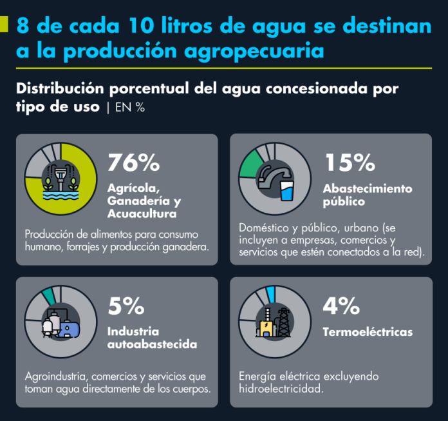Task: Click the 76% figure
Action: (x=133, y=162)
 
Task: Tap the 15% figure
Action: (x=350, y=162)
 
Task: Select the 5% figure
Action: (x=126, y=306)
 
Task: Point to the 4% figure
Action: (x=341, y=306)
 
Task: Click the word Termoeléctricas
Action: (x=368, y=332)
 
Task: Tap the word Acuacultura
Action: (x=142, y=213)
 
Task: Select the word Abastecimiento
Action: (x=368, y=189)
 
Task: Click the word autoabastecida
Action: (x=153, y=344)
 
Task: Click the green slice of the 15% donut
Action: (x=250, y=164)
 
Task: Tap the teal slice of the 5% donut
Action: (x=48, y=296)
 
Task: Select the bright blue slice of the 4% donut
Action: (x=270, y=294)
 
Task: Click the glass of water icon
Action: (x=286, y=190)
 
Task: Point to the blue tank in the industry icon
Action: (x=69, y=329)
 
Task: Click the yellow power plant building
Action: (x=266, y=328)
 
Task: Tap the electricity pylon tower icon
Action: (x=284, y=322)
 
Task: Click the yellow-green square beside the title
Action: (x=4, y=24)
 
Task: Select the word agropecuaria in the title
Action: (x=254, y=51)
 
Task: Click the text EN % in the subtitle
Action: (x=130, y=107)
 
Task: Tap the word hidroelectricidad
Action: (x=281, y=389)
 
